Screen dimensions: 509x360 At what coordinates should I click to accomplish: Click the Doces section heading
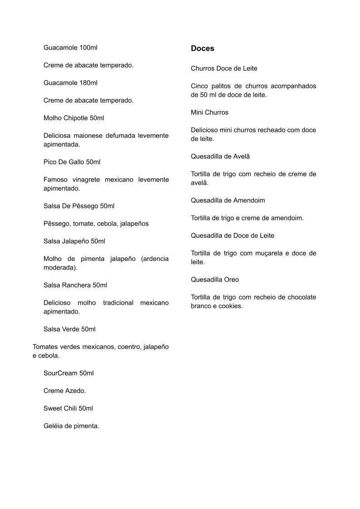(x=202, y=49)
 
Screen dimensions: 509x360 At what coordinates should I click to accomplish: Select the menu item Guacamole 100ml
(x=70, y=48)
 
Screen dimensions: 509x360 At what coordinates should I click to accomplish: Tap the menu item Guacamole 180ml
(x=70, y=83)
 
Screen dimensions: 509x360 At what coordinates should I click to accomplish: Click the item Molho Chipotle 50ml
(x=73, y=118)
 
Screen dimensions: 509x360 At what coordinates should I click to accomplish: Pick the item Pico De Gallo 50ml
(x=72, y=162)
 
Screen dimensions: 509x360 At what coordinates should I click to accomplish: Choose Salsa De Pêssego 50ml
(x=79, y=206)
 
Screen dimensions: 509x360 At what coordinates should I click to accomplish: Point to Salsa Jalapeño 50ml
(x=74, y=241)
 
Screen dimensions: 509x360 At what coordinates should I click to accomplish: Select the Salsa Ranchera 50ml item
(x=75, y=285)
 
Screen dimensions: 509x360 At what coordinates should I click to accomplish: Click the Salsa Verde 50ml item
(x=69, y=329)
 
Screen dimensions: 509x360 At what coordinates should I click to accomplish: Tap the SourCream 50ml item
(x=68, y=373)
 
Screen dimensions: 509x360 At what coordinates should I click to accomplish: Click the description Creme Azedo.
(x=64, y=391)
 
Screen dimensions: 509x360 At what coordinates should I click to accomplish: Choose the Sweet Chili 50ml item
(x=68, y=408)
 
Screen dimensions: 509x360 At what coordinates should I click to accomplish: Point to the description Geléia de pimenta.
(x=71, y=426)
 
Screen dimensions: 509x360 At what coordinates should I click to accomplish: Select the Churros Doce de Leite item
(x=224, y=69)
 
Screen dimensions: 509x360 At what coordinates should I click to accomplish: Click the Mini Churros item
(x=209, y=113)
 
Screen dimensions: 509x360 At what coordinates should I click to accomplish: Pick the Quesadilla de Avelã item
(x=220, y=157)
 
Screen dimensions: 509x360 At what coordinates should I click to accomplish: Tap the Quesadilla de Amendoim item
(x=228, y=201)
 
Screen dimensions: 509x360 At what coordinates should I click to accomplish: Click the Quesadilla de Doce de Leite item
(x=233, y=236)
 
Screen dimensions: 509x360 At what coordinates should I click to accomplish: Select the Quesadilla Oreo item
(x=215, y=280)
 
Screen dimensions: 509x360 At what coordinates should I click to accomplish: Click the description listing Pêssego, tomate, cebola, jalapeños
(x=96, y=224)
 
